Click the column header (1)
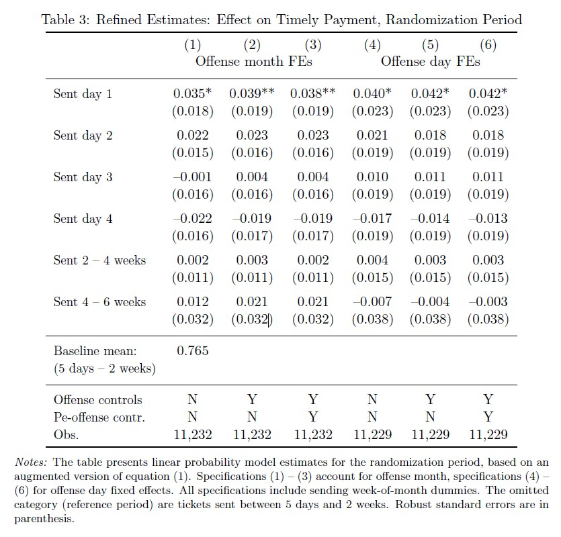[x=193, y=46]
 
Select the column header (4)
[x=372, y=46]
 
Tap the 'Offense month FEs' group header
[x=254, y=62]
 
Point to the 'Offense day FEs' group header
[x=430, y=62]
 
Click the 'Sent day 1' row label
[x=83, y=94]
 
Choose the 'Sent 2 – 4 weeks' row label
[x=99, y=260]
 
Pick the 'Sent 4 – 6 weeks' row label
[x=99, y=302]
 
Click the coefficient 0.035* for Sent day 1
[x=193, y=94]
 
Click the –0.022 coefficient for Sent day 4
[x=193, y=219]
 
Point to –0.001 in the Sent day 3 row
[x=193, y=177]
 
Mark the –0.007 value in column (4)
[x=372, y=302]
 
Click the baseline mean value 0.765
[x=193, y=350]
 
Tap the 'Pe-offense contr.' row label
[x=99, y=417]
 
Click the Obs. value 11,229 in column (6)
[x=488, y=434]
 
